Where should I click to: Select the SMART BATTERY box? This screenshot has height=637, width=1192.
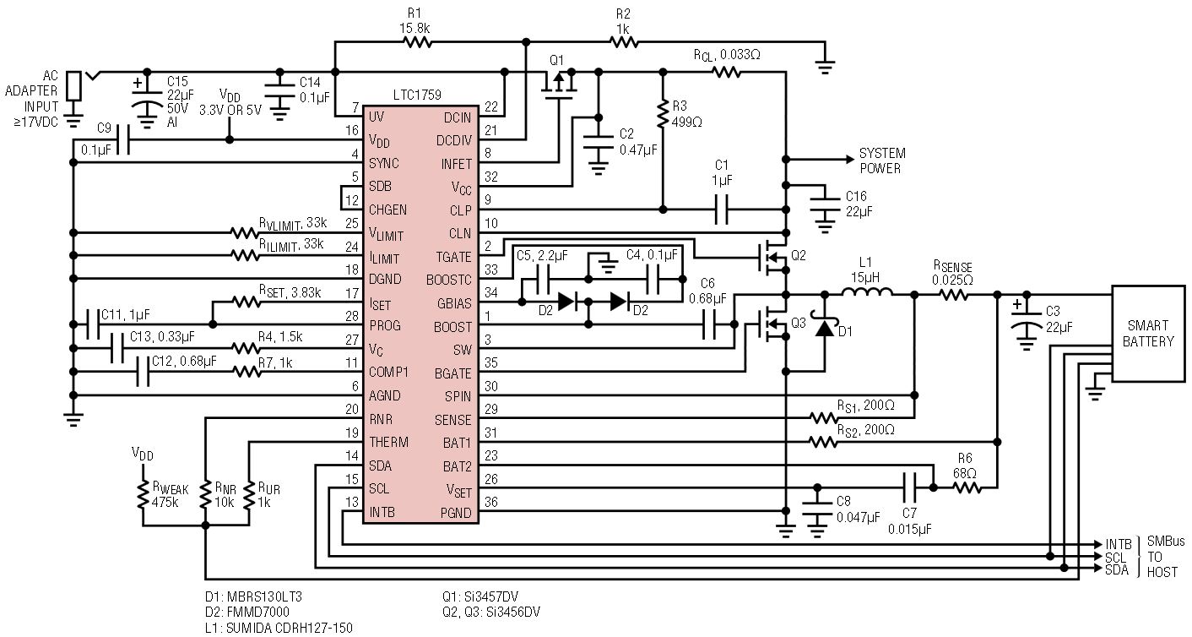[x=1147, y=335]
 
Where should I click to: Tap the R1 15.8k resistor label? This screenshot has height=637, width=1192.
[x=415, y=21]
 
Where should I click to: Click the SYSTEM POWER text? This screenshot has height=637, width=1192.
[x=882, y=161]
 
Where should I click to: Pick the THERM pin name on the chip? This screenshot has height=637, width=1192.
[x=388, y=442]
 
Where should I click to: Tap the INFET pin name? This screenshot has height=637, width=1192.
[x=456, y=163]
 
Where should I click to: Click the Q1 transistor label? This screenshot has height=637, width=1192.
[x=555, y=60]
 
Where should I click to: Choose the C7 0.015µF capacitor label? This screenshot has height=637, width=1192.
[x=908, y=521]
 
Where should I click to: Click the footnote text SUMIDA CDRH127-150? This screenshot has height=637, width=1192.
[x=279, y=627]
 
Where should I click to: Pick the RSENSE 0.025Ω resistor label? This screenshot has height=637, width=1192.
[x=951, y=274]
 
